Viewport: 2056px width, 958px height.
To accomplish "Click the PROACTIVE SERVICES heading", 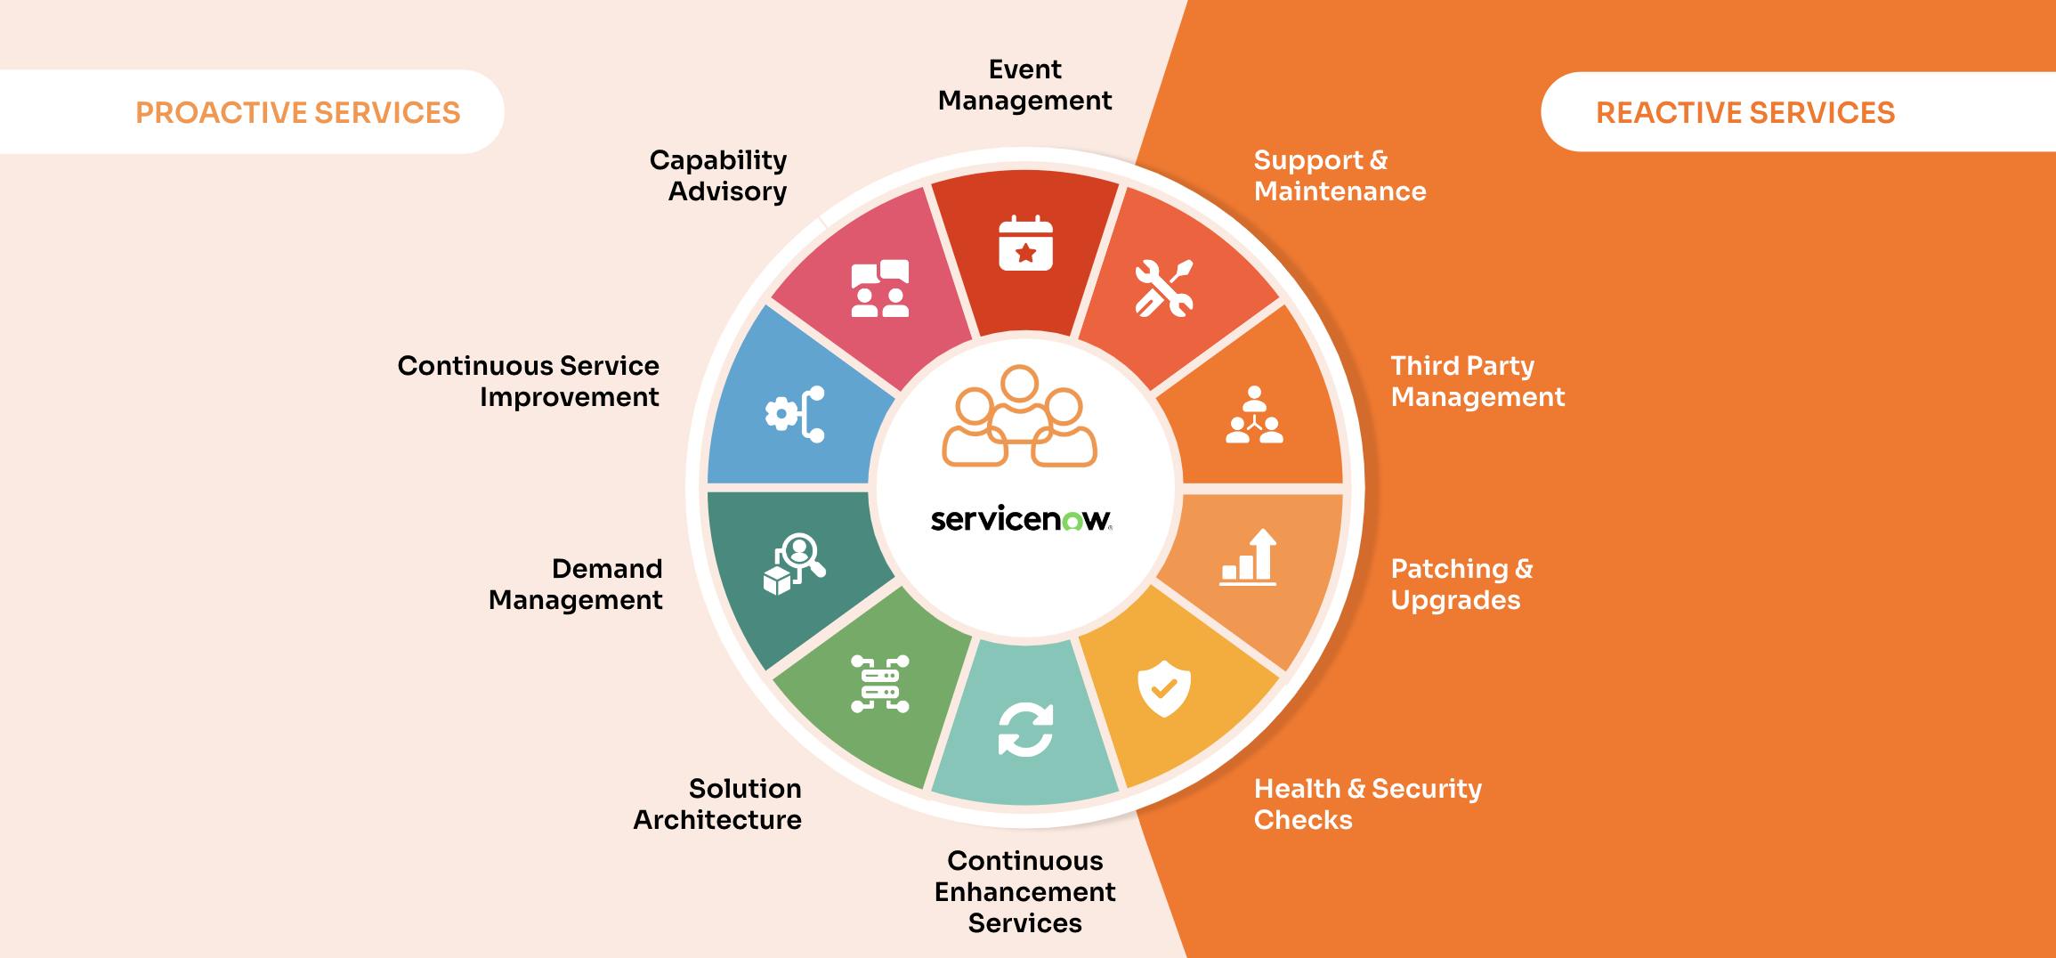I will (x=297, y=113).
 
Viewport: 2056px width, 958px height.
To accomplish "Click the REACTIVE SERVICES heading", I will (x=1744, y=113).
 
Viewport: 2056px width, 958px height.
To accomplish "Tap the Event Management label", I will (x=1024, y=85).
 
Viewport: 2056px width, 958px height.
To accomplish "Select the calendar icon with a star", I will (x=1025, y=243).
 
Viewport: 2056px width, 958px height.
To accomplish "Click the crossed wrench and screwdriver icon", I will (x=1163, y=288).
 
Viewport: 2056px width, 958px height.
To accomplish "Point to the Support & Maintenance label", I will (x=1340, y=175).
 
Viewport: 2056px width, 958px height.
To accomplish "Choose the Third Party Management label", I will (x=1477, y=381).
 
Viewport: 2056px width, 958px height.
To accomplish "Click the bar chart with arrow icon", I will (x=1249, y=557).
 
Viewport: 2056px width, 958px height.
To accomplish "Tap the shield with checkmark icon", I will (x=1163, y=688).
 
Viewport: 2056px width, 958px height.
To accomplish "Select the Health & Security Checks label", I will (x=1367, y=804).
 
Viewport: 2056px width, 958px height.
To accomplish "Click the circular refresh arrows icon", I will (x=1025, y=730).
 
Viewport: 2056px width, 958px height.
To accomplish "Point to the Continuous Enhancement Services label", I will (x=1024, y=891).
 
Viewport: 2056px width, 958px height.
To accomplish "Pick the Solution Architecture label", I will (x=717, y=804).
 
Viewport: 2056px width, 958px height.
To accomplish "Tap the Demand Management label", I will (x=576, y=584).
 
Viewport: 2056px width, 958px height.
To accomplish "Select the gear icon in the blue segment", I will (x=782, y=414).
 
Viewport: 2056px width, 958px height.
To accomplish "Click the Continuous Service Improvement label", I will (x=529, y=381).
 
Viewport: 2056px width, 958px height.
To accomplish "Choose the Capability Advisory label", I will (x=719, y=175).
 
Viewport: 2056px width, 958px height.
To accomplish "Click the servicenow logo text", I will (x=1021, y=519).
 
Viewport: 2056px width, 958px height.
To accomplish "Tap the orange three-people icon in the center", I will (x=1019, y=416).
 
